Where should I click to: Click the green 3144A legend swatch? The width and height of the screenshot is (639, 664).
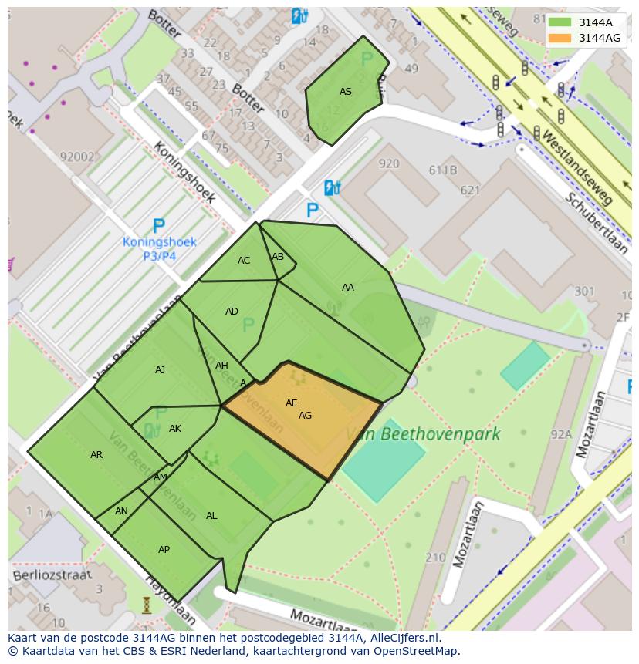point(560,22)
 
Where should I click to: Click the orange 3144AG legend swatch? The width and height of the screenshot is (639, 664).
point(560,37)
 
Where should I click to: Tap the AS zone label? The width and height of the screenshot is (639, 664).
point(346,92)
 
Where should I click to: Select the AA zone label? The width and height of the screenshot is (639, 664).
point(348,288)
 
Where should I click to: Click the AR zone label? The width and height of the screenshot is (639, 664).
point(96,455)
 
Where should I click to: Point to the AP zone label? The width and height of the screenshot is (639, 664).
point(164,550)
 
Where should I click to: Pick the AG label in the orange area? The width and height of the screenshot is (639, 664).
point(306,416)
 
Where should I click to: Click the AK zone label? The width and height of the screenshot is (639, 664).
point(175,429)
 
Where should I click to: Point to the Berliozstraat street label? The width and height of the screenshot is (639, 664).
point(52,575)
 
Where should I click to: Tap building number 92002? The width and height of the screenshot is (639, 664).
point(76,157)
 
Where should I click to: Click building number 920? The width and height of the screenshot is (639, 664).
point(389,163)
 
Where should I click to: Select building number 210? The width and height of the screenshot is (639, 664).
point(435,558)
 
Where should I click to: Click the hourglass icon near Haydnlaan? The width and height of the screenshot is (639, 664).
point(147,605)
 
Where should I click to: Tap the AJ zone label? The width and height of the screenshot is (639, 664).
point(160,370)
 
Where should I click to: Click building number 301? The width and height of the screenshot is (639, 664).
point(584,291)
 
